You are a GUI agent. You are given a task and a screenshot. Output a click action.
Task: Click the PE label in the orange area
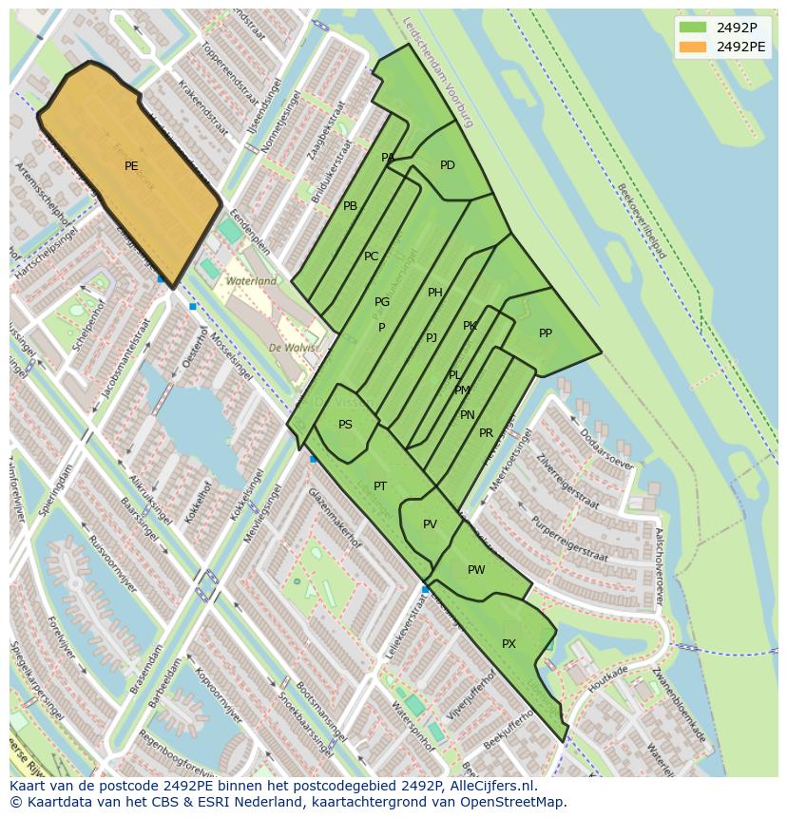coord(131,166)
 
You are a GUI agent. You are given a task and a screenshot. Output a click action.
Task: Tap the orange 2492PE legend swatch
coord(692,47)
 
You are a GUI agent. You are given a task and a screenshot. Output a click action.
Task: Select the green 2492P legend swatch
coord(692,28)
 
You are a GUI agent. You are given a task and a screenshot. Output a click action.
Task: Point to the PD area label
coord(448,165)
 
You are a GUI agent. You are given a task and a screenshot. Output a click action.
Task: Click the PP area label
coord(546,333)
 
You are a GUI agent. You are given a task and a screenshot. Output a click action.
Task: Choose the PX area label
coord(509,644)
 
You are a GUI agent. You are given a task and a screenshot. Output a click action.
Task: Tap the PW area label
coord(476,570)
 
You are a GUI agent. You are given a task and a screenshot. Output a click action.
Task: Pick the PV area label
coord(430,524)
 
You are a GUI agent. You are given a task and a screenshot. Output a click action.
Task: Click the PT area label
coord(380,486)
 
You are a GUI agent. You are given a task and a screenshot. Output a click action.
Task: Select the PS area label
coord(345,425)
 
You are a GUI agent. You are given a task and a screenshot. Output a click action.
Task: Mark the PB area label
coord(350,206)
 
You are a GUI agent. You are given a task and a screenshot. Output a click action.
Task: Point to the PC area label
coord(371,257)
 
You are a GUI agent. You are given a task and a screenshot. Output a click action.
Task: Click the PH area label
coord(434,293)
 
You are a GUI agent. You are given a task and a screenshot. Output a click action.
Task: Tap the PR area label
coord(486,433)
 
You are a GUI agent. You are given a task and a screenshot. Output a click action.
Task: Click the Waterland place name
coord(251,281)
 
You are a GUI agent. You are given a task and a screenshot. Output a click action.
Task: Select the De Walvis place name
coord(293,348)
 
